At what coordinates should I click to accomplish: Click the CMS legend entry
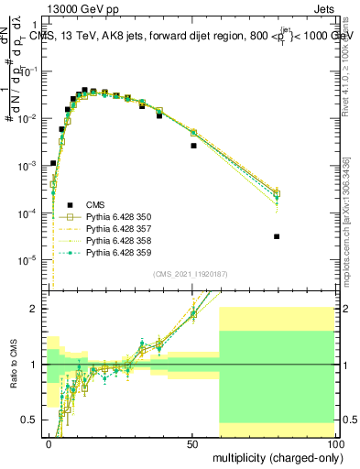point(95,204)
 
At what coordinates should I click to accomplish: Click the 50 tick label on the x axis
point(191,442)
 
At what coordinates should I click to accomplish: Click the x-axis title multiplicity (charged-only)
point(274,456)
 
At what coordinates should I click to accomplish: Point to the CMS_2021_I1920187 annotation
point(190,273)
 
